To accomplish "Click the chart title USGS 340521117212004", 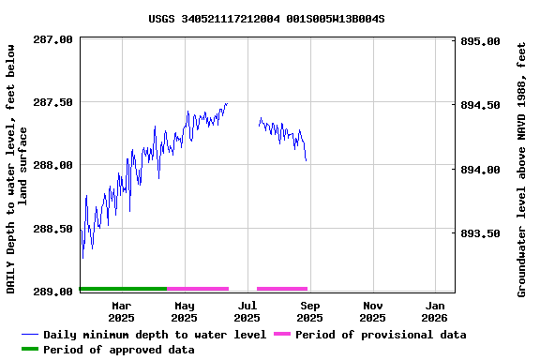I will [x=266, y=18].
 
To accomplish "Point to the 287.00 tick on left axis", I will [x=53, y=39].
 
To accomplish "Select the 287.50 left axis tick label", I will [x=53, y=102].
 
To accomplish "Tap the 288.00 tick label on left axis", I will [x=53, y=165].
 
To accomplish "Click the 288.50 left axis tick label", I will [x=53, y=229].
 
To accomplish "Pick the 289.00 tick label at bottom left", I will [x=53, y=292].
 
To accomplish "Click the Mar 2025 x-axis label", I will [x=121, y=311].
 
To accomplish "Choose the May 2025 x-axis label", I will [x=185, y=311].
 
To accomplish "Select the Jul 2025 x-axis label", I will [x=247, y=311].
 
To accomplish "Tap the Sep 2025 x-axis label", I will [x=310, y=311].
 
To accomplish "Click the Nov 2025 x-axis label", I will [x=373, y=311].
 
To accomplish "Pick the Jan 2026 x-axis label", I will [x=435, y=311].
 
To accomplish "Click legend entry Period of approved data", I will [x=118, y=350].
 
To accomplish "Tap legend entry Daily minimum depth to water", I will [x=155, y=335].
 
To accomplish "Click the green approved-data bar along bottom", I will [x=123, y=289].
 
